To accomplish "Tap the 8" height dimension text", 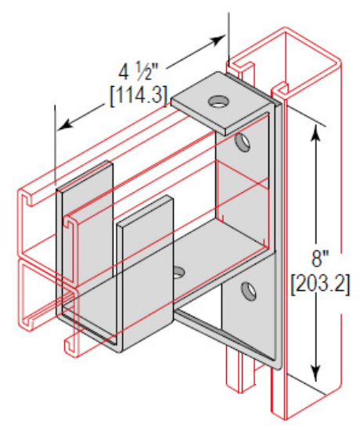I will tap(317, 256).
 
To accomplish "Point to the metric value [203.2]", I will tap(317, 279).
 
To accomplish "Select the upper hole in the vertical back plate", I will tap(245, 142).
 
